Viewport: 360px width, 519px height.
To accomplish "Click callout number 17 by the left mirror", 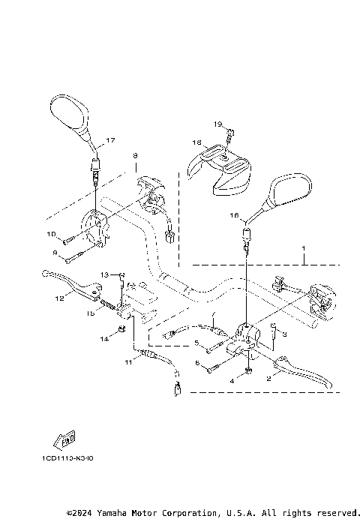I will (110, 141).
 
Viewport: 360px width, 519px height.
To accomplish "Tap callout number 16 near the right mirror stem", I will (233, 216).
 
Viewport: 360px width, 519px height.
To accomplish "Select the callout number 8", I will (135, 156).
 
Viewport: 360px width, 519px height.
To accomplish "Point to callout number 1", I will (304, 248).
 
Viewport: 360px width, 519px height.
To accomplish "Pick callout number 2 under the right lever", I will (268, 379).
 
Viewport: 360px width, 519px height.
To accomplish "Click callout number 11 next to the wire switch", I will (128, 362).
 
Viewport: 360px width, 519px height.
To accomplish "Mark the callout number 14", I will (104, 339).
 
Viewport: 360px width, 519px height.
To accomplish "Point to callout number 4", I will (232, 381).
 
